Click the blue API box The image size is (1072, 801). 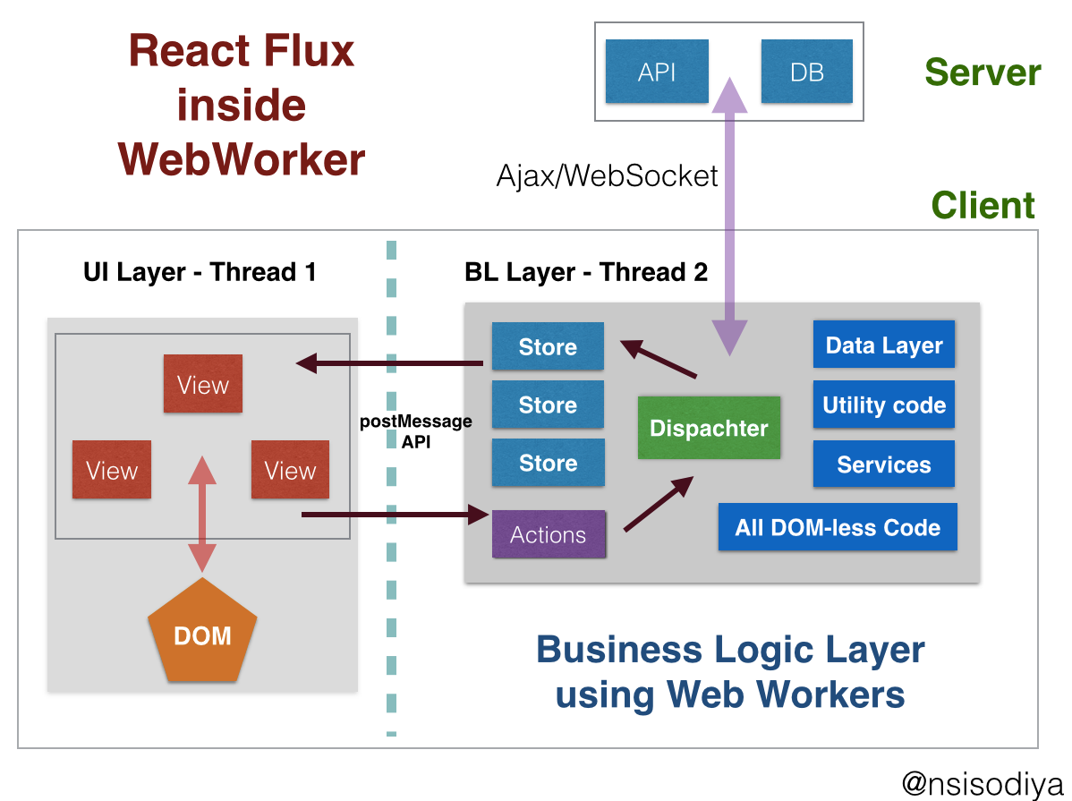[657, 72]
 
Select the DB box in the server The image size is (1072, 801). [806, 72]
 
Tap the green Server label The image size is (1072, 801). [983, 72]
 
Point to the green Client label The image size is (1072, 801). [983, 206]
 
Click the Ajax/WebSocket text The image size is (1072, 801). [607, 175]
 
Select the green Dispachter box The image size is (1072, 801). [709, 428]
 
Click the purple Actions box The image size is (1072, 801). [549, 534]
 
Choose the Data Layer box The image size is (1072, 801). [884, 345]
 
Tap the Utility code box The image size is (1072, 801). [884, 405]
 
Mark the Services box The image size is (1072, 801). [884, 464]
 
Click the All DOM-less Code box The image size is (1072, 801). [838, 527]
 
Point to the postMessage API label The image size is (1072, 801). [416, 430]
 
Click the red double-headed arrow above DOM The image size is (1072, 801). [203, 513]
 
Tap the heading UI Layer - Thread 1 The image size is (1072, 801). [200, 272]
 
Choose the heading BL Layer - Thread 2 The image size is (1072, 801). [586, 272]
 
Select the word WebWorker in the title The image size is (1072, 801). [242, 159]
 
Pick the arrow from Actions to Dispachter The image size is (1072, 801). [658, 505]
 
